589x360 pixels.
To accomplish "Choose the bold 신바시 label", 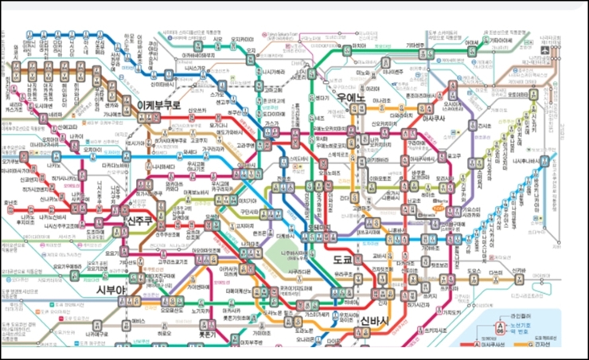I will tap(374, 322).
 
